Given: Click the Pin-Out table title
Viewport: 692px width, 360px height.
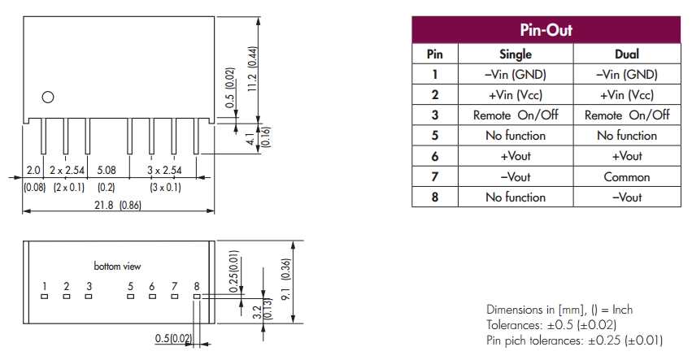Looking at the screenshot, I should (x=546, y=31).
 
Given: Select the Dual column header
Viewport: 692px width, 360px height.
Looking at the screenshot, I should (x=627, y=54).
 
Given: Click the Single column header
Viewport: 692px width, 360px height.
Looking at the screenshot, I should (x=515, y=54).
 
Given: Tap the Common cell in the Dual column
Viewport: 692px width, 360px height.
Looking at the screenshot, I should (x=627, y=176).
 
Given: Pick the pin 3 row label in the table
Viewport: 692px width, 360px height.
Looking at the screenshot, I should (x=435, y=115).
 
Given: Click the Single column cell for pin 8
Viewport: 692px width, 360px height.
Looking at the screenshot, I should (x=515, y=197).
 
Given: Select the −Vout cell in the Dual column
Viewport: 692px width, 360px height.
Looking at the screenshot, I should (x=627, y=197).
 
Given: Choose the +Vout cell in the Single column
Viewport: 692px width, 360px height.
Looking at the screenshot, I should (x=515, y=156).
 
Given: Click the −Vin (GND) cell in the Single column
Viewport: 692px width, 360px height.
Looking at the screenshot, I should (x=515, y=74).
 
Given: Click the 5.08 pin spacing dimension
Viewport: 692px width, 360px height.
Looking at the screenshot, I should (x=106, y=171).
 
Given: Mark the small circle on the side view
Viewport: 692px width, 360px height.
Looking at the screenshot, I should (x=48, y=98).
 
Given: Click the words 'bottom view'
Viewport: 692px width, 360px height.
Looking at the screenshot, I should (x=118, y=267).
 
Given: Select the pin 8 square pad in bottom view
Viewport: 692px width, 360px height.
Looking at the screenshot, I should (x=196, y=297).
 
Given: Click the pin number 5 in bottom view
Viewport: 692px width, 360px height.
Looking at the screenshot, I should (x=130, y=286).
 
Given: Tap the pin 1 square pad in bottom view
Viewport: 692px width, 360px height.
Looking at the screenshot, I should (x=45, y=297).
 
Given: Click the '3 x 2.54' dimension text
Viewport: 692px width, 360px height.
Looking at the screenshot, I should (x=163, y=171).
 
